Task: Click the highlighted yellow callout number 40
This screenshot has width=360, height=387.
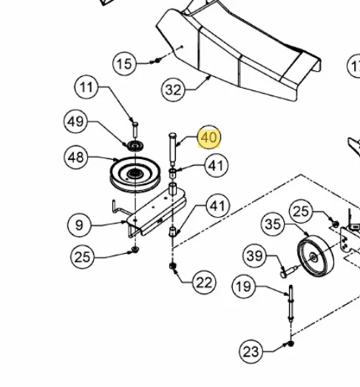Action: (x=209, y=137)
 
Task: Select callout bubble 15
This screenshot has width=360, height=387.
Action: (x=124, y=64)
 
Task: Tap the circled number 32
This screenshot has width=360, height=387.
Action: (x=173, y=90)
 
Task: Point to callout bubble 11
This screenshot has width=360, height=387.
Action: (x=86, y=87)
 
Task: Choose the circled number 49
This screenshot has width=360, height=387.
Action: (x=75, y=121)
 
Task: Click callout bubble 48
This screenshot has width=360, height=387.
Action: (x=75, y=157)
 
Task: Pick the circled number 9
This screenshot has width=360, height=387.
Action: (x=79, y=225)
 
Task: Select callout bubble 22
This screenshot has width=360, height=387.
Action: (x=204, y=283)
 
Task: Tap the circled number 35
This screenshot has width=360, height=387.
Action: (x=273, y=224)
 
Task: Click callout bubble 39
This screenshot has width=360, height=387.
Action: (x=254, y=255)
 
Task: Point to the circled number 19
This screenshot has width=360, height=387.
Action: (x=244, y=286)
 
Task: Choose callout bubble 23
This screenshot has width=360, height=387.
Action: (x=251, y=351)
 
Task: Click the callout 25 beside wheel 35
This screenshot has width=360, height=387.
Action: (x=301, y=212)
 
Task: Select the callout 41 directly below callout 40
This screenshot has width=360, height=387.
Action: (x=217, y=165)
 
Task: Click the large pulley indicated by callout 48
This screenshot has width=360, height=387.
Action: (x=135, y=175)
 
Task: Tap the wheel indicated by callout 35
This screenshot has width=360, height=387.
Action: (x=316, y=256)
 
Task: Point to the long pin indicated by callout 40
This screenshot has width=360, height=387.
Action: (x=172, y=149)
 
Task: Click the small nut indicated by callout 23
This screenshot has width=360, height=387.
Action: (x=291, y=343)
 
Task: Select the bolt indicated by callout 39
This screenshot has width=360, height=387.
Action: (x=289, y=272)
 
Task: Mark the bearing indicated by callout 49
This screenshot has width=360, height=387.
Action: (x=135, y=146)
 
